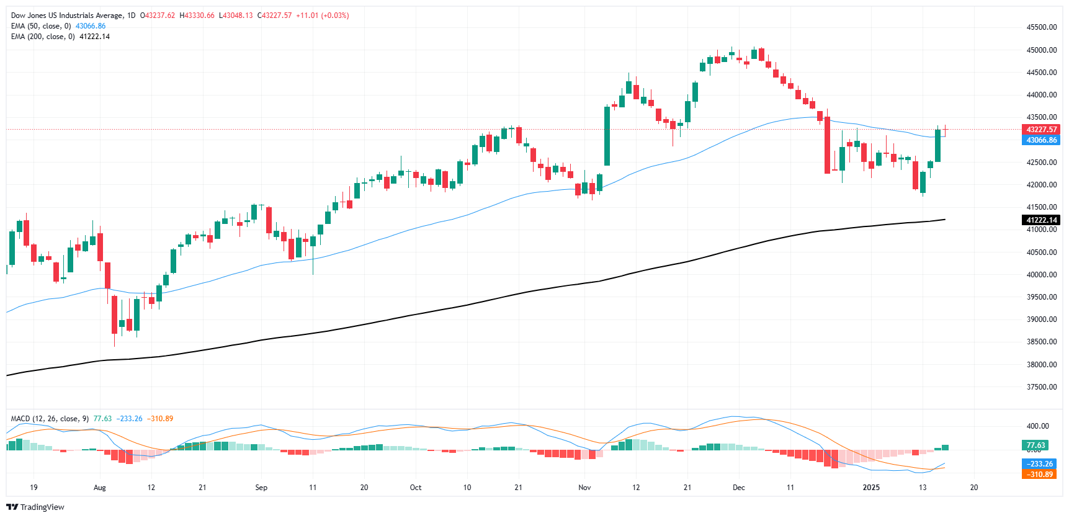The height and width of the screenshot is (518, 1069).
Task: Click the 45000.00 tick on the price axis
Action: tap(1041, 50)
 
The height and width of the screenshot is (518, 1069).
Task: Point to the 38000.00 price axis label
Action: tap(1041, 365)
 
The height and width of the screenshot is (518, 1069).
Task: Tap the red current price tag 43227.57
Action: tap(1041, 130)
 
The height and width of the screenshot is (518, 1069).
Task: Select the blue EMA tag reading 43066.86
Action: tap(1041, 140)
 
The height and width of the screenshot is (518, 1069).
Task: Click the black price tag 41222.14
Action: tap(1041, 220)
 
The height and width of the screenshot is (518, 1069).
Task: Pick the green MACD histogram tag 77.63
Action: tap(1035, 445)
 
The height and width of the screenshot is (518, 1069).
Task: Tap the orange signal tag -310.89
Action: tap(1040, 475)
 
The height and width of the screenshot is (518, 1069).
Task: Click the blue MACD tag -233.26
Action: tap(1040, 464)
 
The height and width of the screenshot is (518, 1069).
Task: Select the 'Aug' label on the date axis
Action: tap(99, 488)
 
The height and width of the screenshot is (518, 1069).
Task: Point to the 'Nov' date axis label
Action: tap(584, 488)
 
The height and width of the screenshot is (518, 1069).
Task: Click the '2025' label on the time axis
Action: tap(871, 488)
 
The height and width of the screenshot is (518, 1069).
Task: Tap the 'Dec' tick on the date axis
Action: tap(738, 488)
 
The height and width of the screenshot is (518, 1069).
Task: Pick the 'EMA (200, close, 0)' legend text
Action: tap(43, 37)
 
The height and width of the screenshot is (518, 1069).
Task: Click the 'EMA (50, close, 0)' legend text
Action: tap(41, 26)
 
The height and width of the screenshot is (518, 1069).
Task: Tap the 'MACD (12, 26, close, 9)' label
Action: tap(50, 419)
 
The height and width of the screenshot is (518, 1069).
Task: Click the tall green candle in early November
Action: tap(607, 136)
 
